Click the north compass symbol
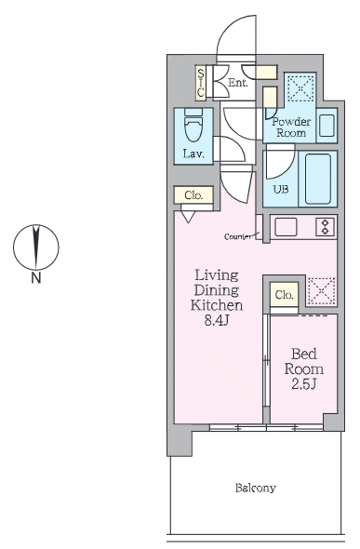[35, 246]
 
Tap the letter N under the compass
[35, 277]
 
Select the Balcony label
[254, 487]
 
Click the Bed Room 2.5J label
[306, 369]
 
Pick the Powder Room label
[291, 126]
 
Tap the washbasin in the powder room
[327, 125]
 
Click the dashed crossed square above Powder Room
[300, 88]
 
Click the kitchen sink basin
[286, 227]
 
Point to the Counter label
[237, 237]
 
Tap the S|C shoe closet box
[201, 82]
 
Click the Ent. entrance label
[237, 83]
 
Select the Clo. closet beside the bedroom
[284, 295]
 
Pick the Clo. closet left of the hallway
[193, 195]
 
